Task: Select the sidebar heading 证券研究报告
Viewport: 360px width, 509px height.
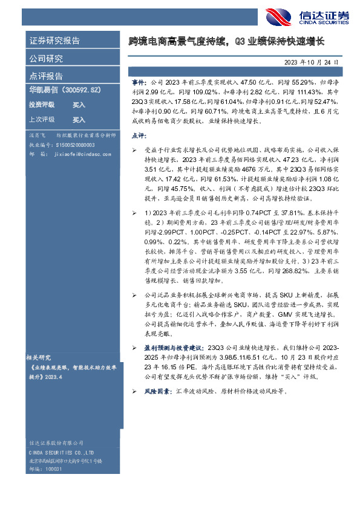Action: (55, 41)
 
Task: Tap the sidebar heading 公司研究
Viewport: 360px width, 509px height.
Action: (46, 59)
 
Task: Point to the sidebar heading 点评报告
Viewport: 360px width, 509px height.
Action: (46, 76)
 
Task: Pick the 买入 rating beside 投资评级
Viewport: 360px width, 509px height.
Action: (79, 105)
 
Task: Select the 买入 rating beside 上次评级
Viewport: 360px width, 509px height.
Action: (79, 120)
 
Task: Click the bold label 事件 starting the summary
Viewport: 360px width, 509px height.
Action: (139, 80)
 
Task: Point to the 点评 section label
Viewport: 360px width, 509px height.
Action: (139, 136)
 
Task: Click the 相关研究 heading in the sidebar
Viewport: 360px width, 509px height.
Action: (39, 357)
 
